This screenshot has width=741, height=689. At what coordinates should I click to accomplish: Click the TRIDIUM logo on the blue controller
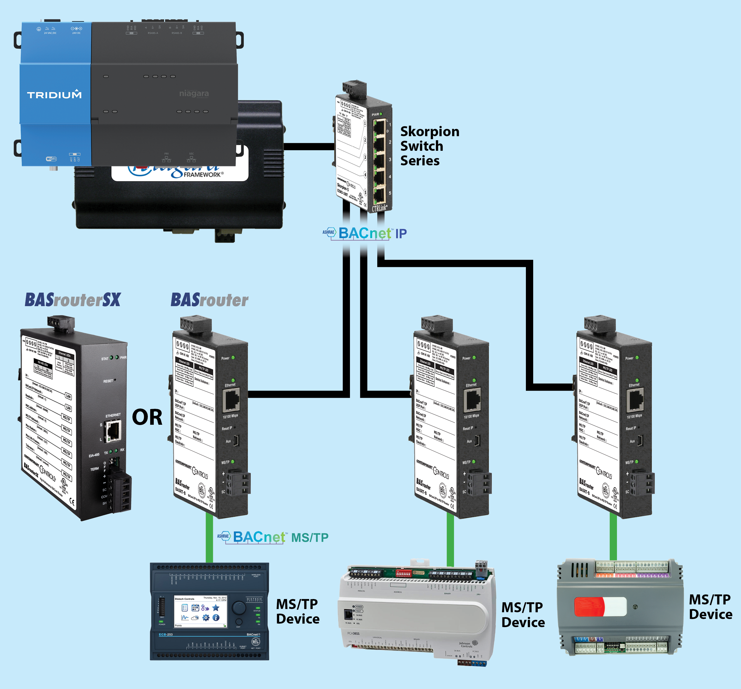click(x=54, y=95)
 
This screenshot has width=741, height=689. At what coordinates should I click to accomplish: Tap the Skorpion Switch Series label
click(x=429, y=146)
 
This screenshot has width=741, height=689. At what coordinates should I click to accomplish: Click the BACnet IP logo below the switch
click(x=365, y=233)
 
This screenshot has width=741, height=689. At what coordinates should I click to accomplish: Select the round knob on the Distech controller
click(x=239, y=607)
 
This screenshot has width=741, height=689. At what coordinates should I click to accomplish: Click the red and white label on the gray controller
click(x=600, y=607)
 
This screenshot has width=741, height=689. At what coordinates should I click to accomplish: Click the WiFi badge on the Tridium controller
click(x=51, y=159)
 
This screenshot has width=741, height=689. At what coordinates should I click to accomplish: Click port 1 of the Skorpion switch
click(x=379, y=128)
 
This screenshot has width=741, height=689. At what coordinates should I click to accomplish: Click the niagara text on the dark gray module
click(x=194, y=93)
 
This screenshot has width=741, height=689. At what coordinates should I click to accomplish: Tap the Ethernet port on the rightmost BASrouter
click(x=635, y=400)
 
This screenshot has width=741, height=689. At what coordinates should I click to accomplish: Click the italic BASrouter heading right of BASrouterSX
click(x=209, y=300)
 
